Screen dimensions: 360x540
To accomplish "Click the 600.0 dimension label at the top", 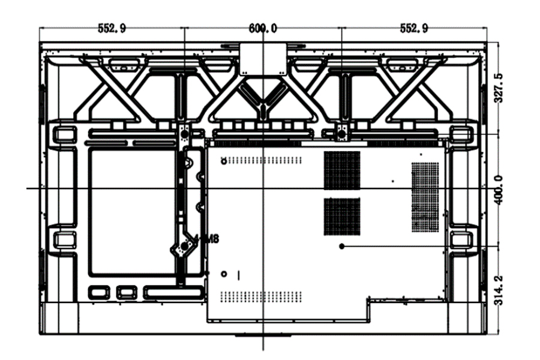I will [263, 28].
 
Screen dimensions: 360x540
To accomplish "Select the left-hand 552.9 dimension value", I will [112, 28].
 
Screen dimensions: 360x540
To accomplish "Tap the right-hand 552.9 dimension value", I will [414, 28].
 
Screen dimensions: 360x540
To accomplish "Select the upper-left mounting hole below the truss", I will [185, 134].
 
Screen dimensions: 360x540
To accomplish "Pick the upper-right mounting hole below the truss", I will [342, 133].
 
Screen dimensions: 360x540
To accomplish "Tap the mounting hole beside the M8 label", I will [185, 245].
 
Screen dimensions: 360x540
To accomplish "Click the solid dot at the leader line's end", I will [342, 246].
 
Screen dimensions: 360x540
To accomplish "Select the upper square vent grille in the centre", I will [342, 170].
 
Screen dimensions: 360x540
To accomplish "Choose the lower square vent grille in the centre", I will [342, 216].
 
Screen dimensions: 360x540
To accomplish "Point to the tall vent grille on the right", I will [425, 197].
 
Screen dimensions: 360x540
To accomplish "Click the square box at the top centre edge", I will [263, 58].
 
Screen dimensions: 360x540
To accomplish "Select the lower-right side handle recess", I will [461, 240].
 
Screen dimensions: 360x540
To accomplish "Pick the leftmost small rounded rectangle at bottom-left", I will [97, 292].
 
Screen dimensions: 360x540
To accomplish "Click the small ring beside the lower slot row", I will [224, 274].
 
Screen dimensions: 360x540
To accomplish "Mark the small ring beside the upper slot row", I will [224, 160].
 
